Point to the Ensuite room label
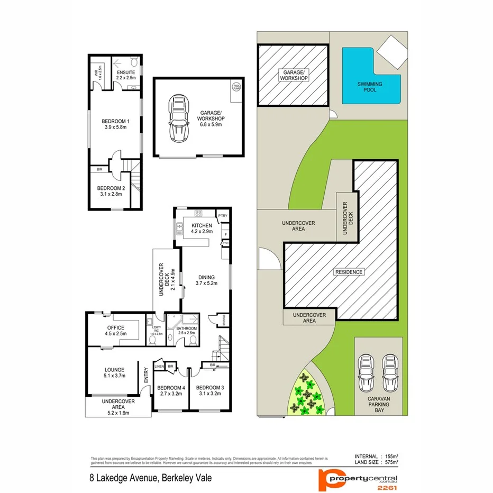(x=126, y=76)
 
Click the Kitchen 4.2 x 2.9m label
(x=202, y=229)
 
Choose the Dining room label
(x=206, y=280)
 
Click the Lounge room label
(x=114, y=373)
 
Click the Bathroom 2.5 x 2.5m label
(x=187, y=331)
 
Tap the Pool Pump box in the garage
(x=235, y=86)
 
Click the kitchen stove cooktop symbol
(x=198, y=214)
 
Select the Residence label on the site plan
(x=349, y=272)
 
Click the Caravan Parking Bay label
(x=378, y=403)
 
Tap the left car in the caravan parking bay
(x=366, y=371)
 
